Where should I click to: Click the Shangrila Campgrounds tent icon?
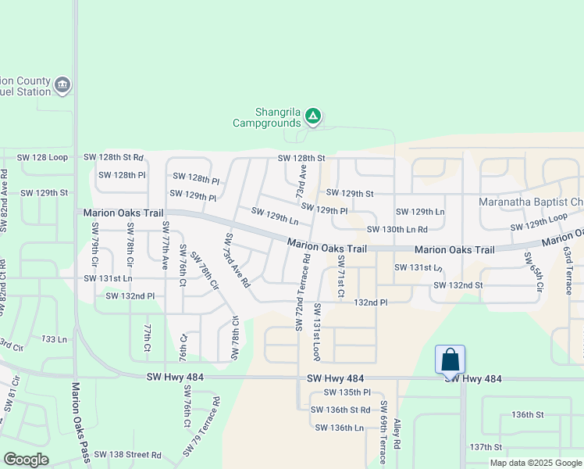312,116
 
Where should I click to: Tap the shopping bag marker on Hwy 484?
450,360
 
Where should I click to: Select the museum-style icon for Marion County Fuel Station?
62,84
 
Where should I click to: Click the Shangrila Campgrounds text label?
267,117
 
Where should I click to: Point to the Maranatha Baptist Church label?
531,202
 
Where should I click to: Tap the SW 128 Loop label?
43,157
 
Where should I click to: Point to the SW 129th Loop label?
539,222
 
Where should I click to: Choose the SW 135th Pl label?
346,392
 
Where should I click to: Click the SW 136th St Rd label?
340,410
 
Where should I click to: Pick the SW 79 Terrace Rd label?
202,428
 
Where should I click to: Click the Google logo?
26,460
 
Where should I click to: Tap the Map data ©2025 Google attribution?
536,463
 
